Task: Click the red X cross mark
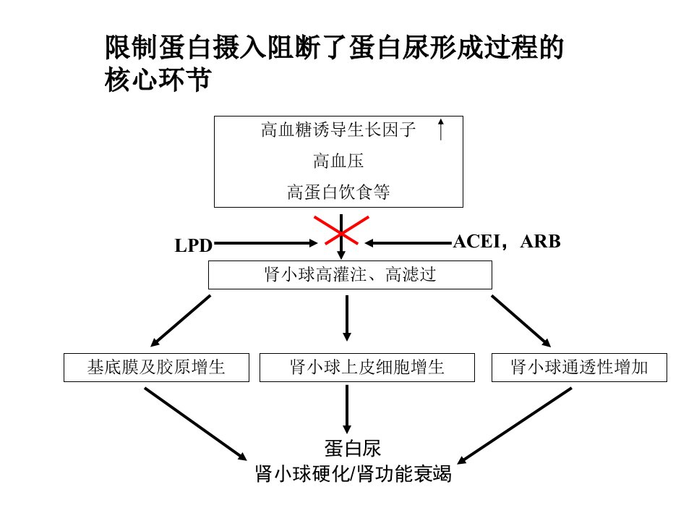point(341,230)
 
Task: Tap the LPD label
point(194,245)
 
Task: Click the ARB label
point(541,242)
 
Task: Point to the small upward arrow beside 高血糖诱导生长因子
point(440,130)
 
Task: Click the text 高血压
point(338,161)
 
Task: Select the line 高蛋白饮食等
point(338,192)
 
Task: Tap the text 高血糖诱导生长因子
point(338,130)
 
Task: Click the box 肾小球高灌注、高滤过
point(350,275)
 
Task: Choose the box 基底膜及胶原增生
point(156,368)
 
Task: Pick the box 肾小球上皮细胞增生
point(367,368)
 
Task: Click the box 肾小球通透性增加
point(579,368)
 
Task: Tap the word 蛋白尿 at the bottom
point(353,449)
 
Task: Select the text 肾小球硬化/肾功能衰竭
point(354,473)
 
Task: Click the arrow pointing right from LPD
point(265,243)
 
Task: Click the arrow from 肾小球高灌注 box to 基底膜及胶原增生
point(181,321)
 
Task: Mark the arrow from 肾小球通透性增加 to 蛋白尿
point(514,425)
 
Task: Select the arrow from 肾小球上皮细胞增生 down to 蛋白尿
point(347,409)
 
